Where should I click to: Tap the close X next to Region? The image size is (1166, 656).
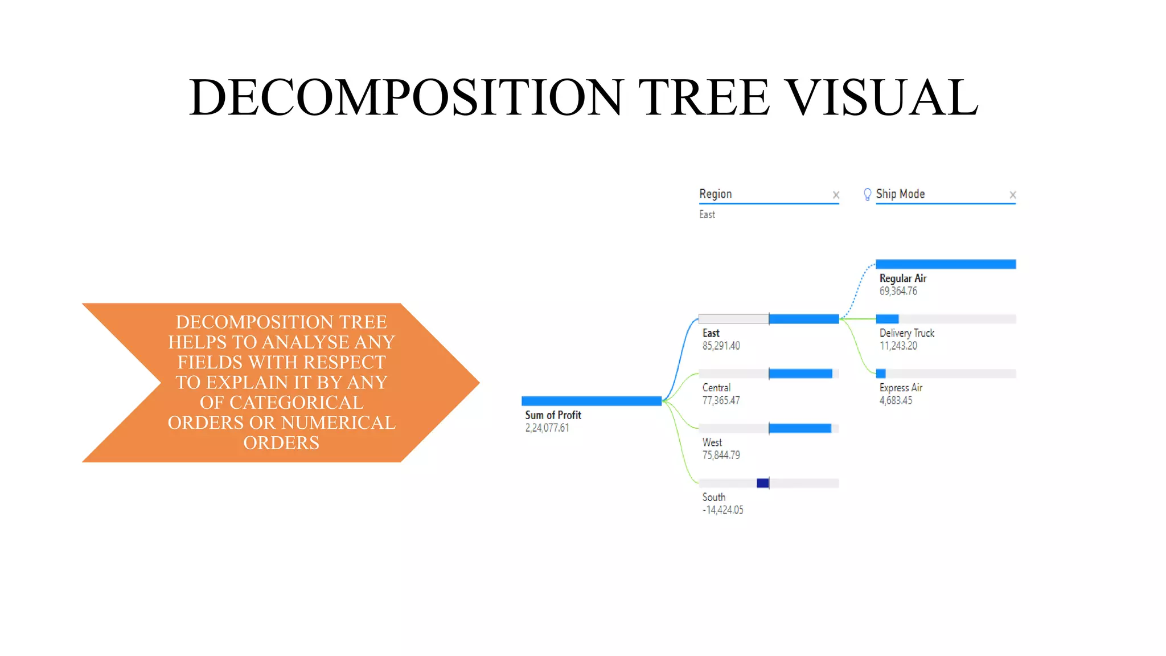pos(836,195)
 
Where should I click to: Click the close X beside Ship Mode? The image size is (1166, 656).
pos(1012,195)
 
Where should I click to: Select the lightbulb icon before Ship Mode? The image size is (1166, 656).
pos(867,195)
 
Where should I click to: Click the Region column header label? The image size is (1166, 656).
pos(716,194)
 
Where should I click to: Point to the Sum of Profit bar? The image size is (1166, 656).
pos(591,401)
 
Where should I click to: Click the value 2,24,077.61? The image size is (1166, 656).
pos(547,428)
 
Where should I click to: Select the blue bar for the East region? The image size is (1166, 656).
pos(803,319)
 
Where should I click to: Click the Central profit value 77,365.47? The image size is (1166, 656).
pos(721,401)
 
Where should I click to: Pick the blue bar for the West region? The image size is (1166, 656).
pos(800,428)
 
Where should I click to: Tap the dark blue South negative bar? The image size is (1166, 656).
pos(763,483)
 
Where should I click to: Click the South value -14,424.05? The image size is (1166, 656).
pos(722,510)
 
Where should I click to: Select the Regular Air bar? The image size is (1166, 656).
pos(946,264)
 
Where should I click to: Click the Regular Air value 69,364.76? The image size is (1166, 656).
pos(898,292)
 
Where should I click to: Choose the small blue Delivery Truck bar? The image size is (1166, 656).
pos(887,319)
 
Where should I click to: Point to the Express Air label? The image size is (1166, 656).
pos(901,388)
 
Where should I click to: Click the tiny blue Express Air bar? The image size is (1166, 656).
pos(881,374)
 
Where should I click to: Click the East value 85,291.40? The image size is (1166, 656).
pos(721,346)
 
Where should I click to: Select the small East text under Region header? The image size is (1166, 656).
pos(707,215)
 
